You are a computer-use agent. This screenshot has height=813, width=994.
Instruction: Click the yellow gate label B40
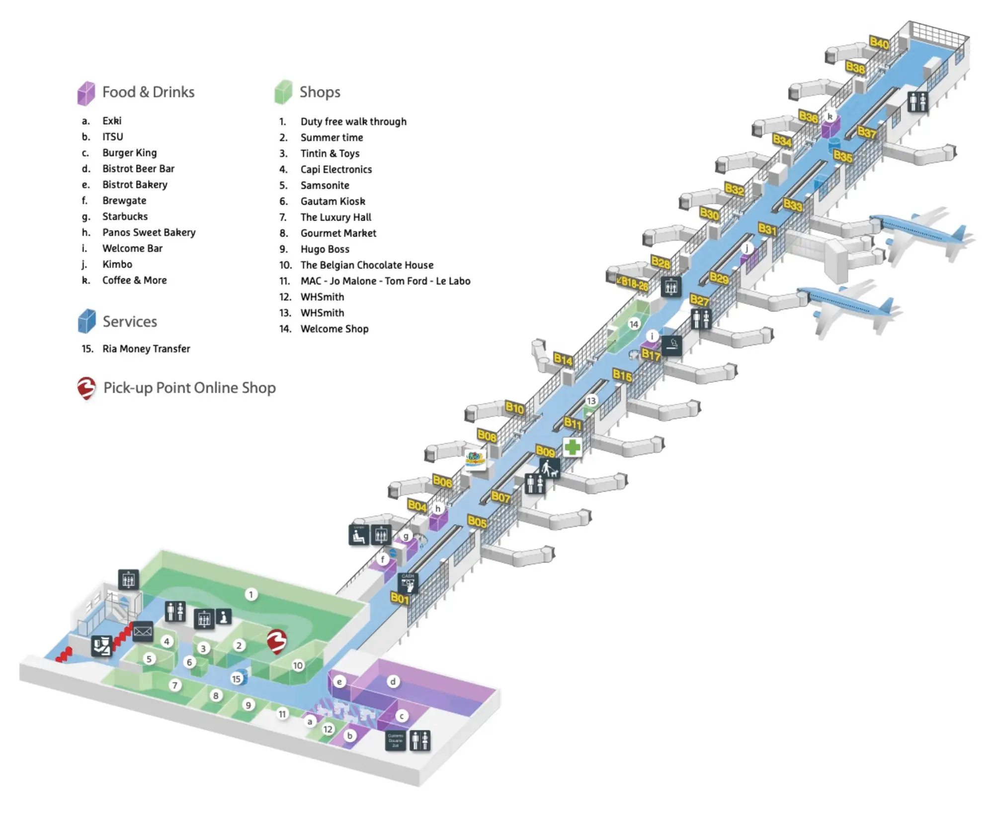coord(879,43)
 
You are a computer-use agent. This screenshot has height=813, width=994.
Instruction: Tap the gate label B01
coord(400,598)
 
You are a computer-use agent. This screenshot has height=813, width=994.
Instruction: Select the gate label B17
coord(651,355)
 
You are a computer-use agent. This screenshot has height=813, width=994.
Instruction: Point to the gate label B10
coord(514,408)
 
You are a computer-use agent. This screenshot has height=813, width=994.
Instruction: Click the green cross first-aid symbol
coord(572,446)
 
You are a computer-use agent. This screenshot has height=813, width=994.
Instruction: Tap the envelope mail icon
coord(143,631)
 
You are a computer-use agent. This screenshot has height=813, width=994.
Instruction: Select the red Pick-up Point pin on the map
coord(277,641)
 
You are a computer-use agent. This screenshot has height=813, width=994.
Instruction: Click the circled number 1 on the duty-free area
coord(251,594)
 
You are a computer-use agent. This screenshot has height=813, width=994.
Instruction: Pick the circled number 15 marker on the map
coord(237,678)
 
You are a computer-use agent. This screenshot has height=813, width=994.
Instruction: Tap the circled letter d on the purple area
coord(393,681)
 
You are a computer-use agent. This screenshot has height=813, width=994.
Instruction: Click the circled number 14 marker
coord(634,325)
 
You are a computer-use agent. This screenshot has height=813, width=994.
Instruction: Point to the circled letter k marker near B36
coord(829,116)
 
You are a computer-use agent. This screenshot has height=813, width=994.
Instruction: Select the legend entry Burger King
coord(129,153)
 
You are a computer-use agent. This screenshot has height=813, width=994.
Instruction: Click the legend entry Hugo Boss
coord(325,249)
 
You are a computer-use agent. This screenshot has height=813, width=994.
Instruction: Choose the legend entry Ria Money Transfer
coord(146,349)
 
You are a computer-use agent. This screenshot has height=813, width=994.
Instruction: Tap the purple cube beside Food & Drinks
coord(86,93)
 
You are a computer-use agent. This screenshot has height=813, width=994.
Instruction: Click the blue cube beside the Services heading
coord(86,321)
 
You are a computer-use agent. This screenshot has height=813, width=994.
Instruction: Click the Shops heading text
coord(320,92)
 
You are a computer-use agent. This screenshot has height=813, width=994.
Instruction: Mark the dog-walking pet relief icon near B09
coord(549,468)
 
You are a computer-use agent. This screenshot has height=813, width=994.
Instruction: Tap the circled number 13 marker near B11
coord(591,401)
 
